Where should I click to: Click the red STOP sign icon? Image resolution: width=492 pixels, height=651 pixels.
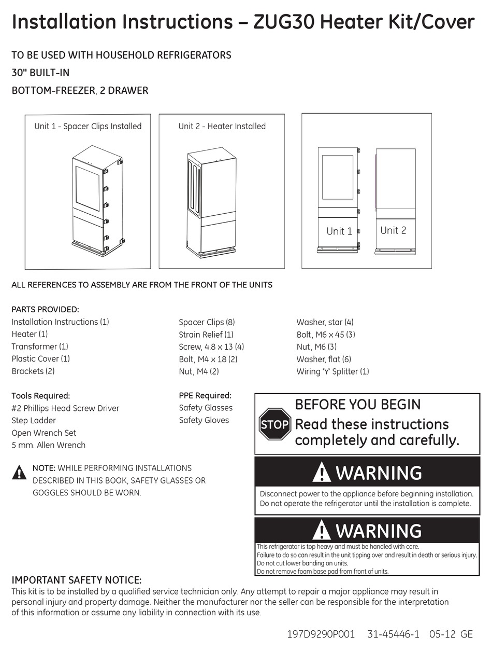click(274, 424)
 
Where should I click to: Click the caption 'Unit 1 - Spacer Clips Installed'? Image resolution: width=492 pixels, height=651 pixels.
click(88, 126)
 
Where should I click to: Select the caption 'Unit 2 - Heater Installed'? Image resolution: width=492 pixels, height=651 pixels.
click(222, 126)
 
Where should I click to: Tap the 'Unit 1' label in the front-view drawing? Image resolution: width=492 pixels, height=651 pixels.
click(339, 231)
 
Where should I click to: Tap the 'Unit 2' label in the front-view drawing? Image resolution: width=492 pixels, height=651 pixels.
click(393, 230)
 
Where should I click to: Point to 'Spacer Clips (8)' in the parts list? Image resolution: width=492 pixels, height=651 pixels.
click(207, 322)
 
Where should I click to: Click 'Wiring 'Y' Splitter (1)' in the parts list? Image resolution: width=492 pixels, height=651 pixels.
click(332, 371)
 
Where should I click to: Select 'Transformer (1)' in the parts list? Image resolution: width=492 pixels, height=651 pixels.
click(40, 347)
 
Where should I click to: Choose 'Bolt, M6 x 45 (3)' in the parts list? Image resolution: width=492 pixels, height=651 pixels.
click(326, 335)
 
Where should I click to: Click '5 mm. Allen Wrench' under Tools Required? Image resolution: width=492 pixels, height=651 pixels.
click(49, 445)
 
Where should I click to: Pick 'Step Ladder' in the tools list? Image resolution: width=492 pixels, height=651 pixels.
click(34, 421)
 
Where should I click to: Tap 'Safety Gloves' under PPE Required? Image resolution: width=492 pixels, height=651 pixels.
click(204, 420)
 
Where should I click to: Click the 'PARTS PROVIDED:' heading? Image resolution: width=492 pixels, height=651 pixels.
click(45, 310)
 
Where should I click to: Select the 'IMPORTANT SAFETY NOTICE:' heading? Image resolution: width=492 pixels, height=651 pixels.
click(76, 580)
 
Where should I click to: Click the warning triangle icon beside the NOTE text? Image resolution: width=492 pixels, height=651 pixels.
click(19, 473)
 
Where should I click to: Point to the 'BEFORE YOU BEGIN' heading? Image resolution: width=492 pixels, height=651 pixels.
click(357, 405)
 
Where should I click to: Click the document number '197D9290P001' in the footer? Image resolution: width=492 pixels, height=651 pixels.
click(321, 634)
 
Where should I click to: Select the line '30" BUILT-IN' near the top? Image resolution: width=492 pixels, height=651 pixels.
click(40, 73)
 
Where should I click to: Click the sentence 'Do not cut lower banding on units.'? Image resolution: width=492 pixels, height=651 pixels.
click(302, 563)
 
